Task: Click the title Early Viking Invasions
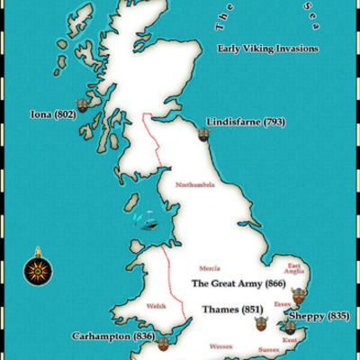(x=268, y=49)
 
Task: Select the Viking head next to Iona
(x=84, y=105)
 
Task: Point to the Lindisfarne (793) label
(x=246, y=121)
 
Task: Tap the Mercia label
(x=210, y=267)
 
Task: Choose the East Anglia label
(x=295, y=268)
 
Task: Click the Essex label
(x=283, y=305)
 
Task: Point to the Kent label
(x=290, y=340)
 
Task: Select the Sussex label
(x=268, y=347)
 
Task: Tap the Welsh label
(x=156, y=305)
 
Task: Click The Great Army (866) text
(x=238, y=283)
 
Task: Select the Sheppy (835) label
(x=325, y=316)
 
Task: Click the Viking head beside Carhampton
(x=163, y=343)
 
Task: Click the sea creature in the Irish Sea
(x=141, y=219)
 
